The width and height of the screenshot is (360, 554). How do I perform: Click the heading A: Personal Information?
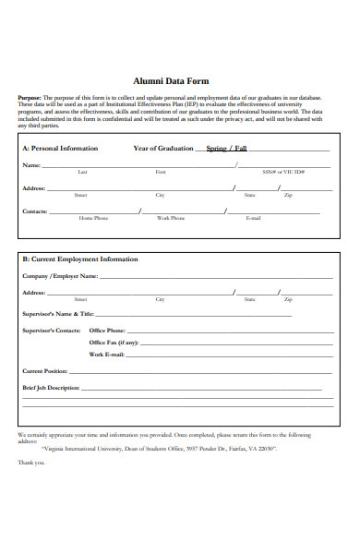[60, 148]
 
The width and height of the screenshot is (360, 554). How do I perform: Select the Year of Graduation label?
[163, 148]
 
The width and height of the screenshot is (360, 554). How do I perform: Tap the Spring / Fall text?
[226, 149]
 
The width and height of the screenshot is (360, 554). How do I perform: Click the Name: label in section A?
[31, 165]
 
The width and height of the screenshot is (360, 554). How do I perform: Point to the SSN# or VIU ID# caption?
[283, 173]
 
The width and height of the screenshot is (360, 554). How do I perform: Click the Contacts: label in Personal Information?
[35, 211]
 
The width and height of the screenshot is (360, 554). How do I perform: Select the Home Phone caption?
[93, 219]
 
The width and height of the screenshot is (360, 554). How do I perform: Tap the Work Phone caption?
[171, 219]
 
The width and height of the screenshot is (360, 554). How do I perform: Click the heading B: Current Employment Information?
[80, 259]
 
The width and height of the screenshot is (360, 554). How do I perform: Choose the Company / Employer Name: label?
[60, 276]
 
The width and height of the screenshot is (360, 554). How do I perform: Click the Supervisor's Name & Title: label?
[58, 314]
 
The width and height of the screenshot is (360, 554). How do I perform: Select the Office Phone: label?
[107, 330]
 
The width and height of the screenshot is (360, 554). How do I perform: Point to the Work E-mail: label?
[107, 355]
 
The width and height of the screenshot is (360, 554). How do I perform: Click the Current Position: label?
[45, 371]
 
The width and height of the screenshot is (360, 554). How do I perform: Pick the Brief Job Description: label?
[51, 388]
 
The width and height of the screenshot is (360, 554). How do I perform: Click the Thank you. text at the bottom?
[31, 463]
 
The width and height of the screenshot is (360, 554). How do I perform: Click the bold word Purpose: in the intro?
[30, 97]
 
